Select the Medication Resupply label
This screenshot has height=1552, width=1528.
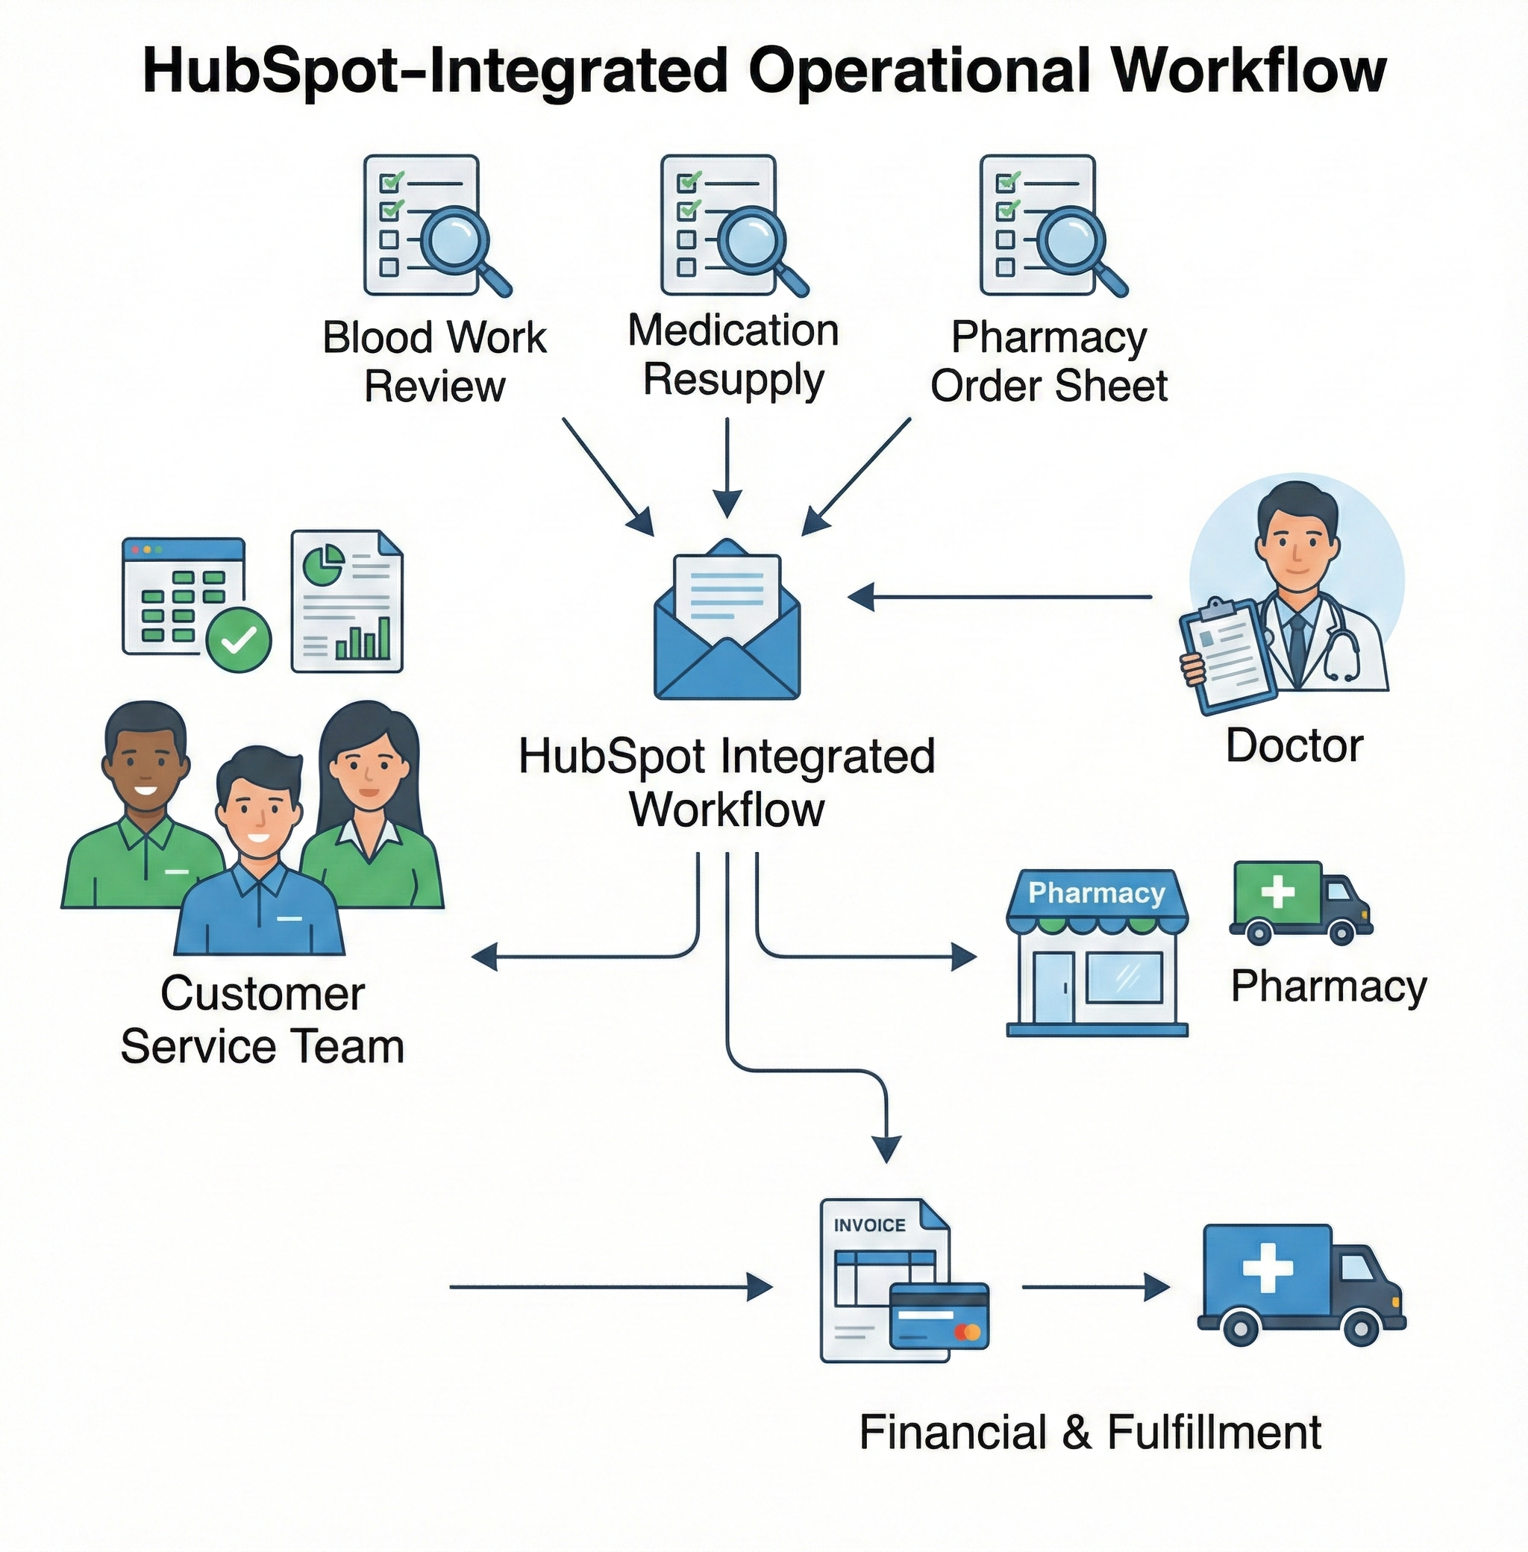[x=733, y=354]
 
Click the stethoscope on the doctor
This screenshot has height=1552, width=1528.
[x=1341, y=654]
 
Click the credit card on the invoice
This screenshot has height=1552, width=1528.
[x=939, y=1315]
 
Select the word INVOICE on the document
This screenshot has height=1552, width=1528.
[x=869, y=1225]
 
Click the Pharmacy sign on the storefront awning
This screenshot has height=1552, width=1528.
[x=1096, y=893]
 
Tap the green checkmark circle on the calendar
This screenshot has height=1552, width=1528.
[x=238, y=639]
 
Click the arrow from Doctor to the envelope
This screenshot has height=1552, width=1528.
[x=999, y=597]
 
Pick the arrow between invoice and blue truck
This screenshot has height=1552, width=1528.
[x=1095, y=1288]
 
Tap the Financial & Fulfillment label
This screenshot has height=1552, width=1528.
[x=1090, y=1433]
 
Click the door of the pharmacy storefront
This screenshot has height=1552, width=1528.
[x=1053, y=988]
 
